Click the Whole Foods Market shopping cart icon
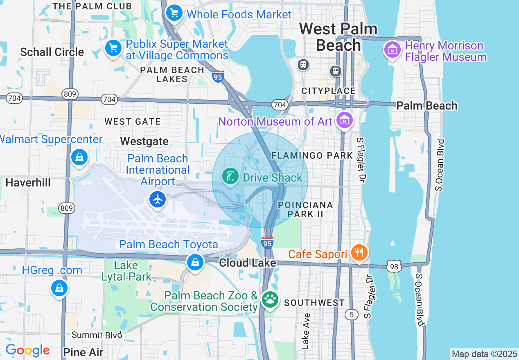click(x=174, y=13)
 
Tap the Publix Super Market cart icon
click(x=113, y=49)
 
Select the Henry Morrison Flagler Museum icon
click(x=393, y=50)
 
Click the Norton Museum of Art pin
click(x=345, y=120)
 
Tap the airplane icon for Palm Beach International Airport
click(x=158, y=200)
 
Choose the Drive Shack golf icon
click(x=230, y=177)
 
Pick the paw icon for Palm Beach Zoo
click(x=270, y=300)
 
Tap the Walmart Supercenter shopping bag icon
click(x=79, y=157)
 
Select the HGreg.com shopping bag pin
click(x=59, y=288)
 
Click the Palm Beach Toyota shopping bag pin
click(x=195, y=262)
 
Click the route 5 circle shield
click(x=352, y=314)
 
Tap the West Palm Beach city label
click(x=338, y=37)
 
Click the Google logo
click(x=27, y=351)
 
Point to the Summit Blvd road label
click(x=97, y=335)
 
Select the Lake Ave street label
click(x=306, y=331)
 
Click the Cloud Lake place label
click(x=247, y=263)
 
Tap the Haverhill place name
click(x=28, y=182)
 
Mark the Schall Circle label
click(x=52, y=52)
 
